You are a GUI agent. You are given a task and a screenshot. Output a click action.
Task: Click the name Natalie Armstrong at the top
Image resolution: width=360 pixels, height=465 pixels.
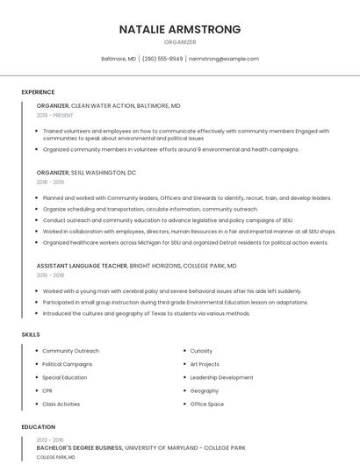coord(180,29)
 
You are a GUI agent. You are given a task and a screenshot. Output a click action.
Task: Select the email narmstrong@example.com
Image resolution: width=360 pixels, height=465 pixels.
coord(223,59)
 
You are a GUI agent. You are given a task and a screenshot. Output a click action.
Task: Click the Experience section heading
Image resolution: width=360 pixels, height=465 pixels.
coord(38,92)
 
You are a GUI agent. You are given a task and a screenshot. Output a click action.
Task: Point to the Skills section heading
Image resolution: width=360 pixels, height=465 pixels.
coord(30,334)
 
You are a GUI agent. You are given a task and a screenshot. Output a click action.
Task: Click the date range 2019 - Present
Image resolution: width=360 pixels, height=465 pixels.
coord(54,115)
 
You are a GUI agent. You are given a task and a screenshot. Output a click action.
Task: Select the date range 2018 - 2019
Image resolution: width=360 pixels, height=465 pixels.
coord(50,182)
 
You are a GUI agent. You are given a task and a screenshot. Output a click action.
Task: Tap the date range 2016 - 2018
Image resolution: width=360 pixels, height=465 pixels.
coord(50,275)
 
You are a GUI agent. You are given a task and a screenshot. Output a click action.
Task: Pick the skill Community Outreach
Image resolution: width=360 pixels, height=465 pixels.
coord(70,351)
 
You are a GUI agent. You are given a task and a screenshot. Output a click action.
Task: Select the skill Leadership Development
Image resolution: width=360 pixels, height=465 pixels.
coord(221,377)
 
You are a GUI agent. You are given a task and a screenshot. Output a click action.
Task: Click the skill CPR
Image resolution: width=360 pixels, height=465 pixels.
coord(47,390)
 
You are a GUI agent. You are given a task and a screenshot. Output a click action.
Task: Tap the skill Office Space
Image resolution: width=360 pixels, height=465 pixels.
coord(207,404)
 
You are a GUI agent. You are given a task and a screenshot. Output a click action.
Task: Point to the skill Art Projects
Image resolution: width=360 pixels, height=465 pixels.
coord(205,364)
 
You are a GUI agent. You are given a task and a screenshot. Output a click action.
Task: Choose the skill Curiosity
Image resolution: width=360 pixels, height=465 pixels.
coord(201,351)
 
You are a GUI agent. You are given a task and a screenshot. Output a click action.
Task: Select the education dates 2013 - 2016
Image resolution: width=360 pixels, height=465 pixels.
coord(50,440)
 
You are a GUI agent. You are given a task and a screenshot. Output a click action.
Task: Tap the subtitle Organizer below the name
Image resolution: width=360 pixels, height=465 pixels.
coord(180,42)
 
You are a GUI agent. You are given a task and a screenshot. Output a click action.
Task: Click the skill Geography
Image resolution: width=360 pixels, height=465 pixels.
coord(205,390)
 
